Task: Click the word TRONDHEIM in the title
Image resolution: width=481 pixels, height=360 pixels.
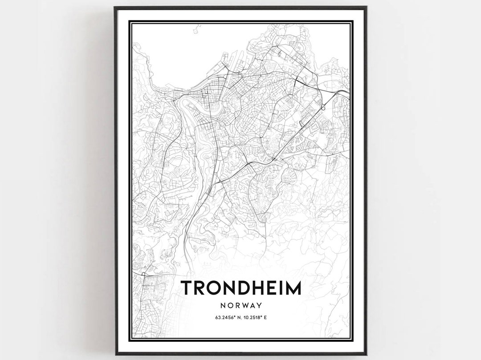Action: coord(240,288)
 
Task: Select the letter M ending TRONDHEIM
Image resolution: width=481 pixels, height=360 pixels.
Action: coord(293,288)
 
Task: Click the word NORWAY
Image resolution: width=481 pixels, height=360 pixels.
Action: coord(240,306)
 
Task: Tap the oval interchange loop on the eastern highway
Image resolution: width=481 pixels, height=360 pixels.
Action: coord(324,105)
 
